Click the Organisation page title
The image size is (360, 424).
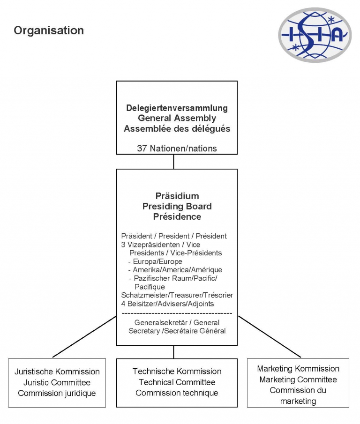pos(49,30)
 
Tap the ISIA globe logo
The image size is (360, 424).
pos(315,35)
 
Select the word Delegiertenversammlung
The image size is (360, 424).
pos(177,108)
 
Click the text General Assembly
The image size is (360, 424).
pos(177,118)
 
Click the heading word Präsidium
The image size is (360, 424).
pos(177,196)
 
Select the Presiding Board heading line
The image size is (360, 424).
pos(177,207)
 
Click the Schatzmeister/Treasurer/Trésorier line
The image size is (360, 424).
pos(177,295)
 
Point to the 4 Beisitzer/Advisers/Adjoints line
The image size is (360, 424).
pos(167,304)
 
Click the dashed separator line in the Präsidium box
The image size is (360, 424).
pos(177,313)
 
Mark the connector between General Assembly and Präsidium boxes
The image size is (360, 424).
pos(173,162)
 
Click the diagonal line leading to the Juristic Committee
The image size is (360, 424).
pos(84,336)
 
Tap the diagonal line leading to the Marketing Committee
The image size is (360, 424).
pos(270,336)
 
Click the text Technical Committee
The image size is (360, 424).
pos(177,382)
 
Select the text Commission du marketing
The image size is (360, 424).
pos(298,395)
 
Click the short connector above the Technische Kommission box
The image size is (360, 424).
pos(173,352)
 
